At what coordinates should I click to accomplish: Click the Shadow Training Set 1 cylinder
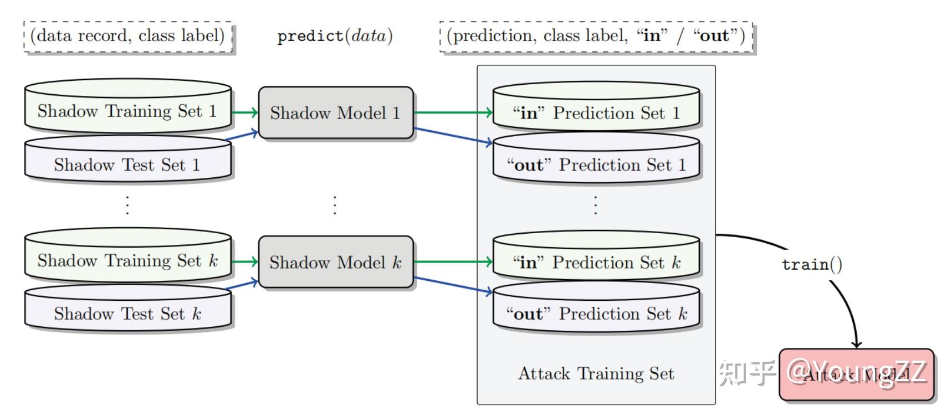tap(127, 111)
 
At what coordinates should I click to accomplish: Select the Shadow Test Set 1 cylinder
tap(127, 165)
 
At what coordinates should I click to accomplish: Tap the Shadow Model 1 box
tap(336, 112)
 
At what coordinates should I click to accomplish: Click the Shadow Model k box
tap(336, 262)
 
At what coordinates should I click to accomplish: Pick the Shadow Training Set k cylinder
tap(127, 260)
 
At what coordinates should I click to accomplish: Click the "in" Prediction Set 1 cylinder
tap(596, 113)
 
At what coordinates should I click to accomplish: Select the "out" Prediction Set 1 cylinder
tap(596, 165)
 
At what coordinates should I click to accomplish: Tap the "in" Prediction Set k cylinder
tap(596, 262)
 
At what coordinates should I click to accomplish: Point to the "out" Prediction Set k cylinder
tap(596, 314)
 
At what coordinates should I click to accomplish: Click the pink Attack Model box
tap(856, 375)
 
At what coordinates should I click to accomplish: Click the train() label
tap(812, 264)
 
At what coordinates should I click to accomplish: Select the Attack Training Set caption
tap(596, 373)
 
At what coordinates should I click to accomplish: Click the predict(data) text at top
tap(335, 36)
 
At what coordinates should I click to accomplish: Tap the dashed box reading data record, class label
tap(127, 36)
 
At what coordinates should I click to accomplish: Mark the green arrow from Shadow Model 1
tap(452, 112)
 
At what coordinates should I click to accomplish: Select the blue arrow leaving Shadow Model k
tap(452, 284)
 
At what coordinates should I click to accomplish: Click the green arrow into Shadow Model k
tap(244, 261)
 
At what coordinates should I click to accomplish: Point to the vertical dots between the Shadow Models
tap(335, 205)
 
